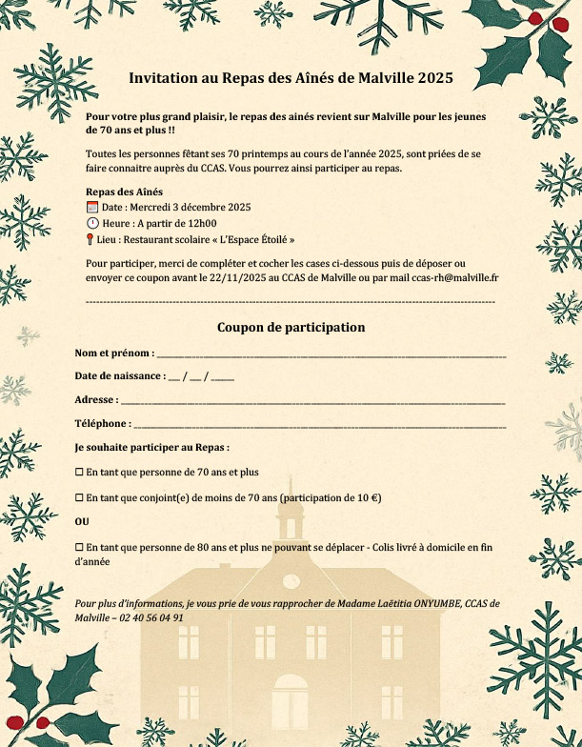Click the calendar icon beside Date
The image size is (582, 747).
92,207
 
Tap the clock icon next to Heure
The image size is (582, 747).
92,223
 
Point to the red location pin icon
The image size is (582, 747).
90,240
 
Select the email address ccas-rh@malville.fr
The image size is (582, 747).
455,277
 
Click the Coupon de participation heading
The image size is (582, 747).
291,327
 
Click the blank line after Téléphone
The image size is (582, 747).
318,425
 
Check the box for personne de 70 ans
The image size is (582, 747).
79,473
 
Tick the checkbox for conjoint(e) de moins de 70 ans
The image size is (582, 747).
79,498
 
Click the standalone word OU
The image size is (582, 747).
82,522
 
